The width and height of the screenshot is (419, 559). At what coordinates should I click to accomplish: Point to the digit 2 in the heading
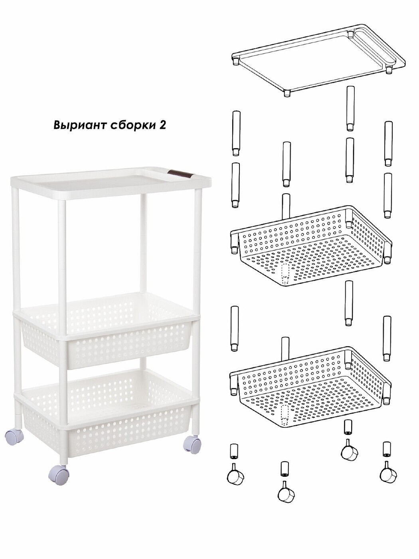162,125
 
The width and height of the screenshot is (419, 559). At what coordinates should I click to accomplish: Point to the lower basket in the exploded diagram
310,387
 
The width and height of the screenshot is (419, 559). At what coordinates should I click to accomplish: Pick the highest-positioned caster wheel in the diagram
350,454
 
